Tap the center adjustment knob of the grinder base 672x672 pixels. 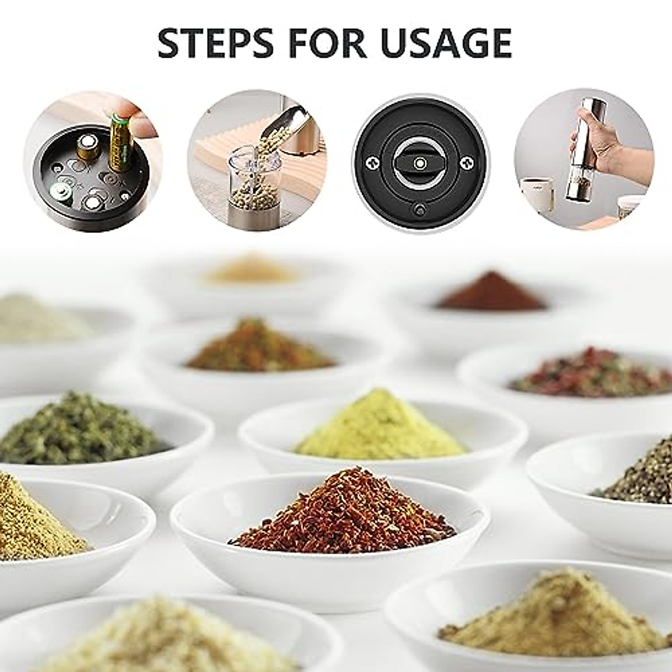coord(419,162)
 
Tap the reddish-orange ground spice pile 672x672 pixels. coord(260,347)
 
